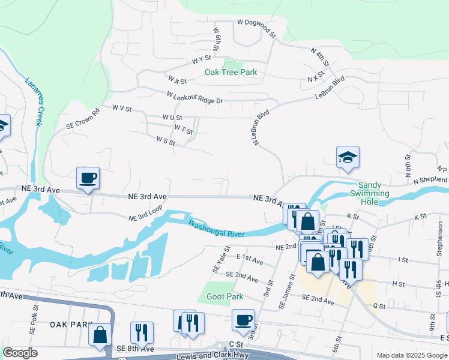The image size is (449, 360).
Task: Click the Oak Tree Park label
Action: pos(231,72)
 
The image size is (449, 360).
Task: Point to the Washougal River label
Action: pos(217,229)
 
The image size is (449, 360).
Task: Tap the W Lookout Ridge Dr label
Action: pos(195,98)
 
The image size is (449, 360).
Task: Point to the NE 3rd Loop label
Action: pos(145,217)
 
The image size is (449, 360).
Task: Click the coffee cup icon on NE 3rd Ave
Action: pos(88,178)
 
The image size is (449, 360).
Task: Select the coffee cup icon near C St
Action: pos(243,320)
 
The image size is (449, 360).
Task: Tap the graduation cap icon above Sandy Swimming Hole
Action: pos(348,157)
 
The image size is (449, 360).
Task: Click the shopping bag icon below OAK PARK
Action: pos(100,334)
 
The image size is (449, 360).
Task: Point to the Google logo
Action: pos(20,353)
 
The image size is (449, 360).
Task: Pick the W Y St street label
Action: pos(202,59)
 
